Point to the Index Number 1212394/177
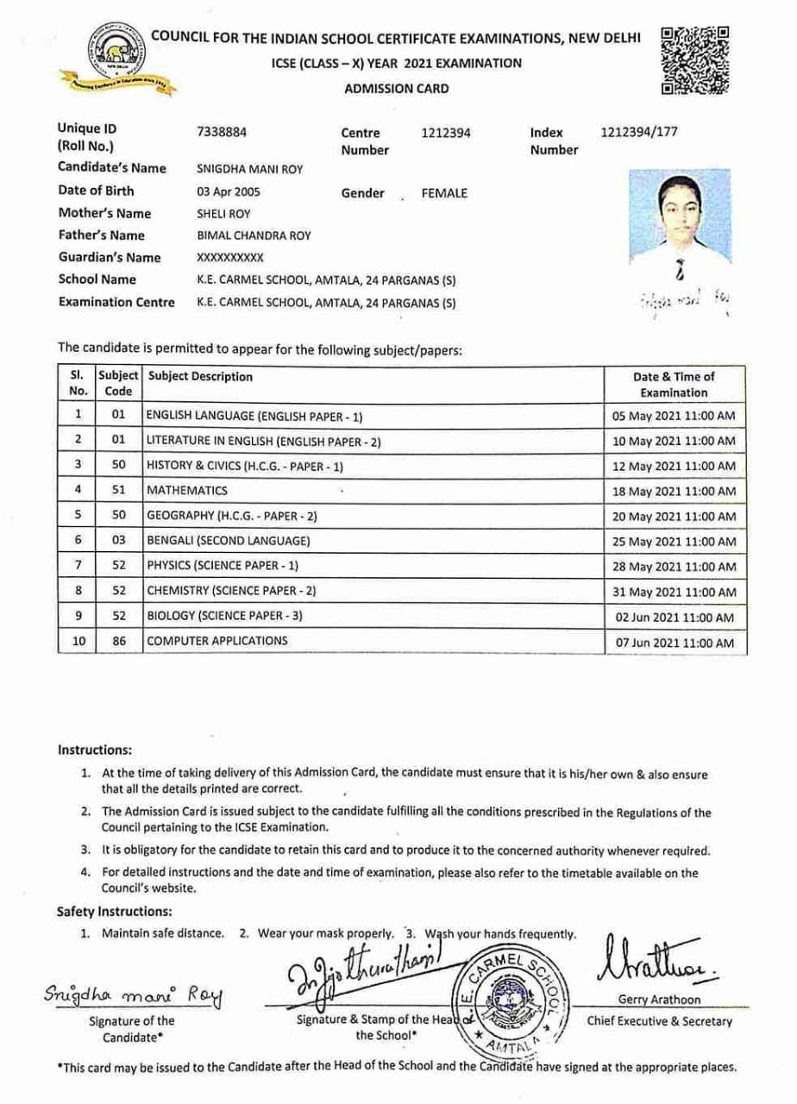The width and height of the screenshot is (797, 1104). coord(638,133)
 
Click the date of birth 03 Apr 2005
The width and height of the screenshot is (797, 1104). coord(229,192)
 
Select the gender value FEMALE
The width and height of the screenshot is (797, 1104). coord(444,193)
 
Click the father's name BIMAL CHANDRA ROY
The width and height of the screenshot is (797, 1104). coord(254,236)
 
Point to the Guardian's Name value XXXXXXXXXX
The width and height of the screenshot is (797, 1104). coord(230,258)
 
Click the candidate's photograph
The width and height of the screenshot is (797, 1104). coord(681,217)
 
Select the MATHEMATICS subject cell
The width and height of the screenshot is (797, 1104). coord(187,491)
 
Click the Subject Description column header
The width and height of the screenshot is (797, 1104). coord(201,377)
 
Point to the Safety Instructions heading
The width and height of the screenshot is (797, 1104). coord(115,912)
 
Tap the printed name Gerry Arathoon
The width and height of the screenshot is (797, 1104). coord(660,1000)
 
